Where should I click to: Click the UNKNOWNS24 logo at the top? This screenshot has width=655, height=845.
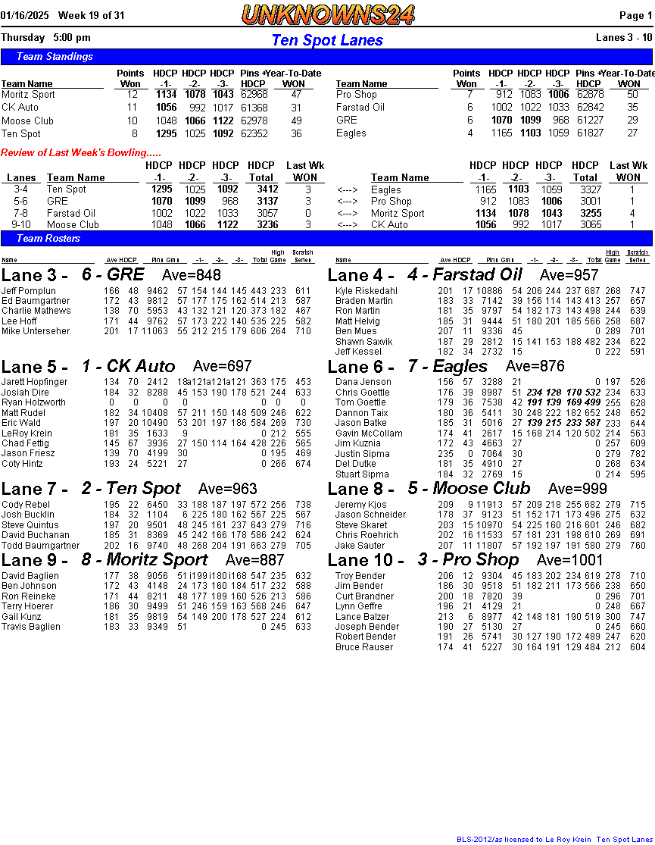pyautogui.click(x=328, y=14)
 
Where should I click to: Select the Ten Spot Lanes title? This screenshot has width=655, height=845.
pyautogui.click(x=327, y=40)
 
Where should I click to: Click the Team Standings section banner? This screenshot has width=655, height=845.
pyautogui.click(x=55, y=57)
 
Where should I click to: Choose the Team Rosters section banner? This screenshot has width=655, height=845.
pyautogui.click(x=48, y=239)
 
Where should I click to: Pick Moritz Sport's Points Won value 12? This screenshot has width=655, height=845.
pyautogui.click(x=133, y=95)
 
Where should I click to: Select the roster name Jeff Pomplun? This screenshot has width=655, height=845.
pyautogui.click(x=29, y=291)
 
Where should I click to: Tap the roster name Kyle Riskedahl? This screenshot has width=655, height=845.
pyautogui.click(x=366, y=291)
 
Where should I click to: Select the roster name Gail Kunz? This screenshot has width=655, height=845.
pyautogui.click(x=22, y=617)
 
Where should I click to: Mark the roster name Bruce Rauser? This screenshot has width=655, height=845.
pyautogui.click(x=364, y=647)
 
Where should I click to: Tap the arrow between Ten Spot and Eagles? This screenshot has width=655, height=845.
pyautogui.click(x=348, y=189)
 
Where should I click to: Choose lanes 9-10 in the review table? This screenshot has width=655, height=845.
pyautogui.click(x=20, y=225)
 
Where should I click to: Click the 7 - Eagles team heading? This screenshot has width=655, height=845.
pyautogui.click(x=448, y=368)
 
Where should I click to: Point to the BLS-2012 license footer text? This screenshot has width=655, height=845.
pyautogui.click(x=554, y=839)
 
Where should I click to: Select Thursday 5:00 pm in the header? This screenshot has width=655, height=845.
pyautogui.click(x=45, y=38)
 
